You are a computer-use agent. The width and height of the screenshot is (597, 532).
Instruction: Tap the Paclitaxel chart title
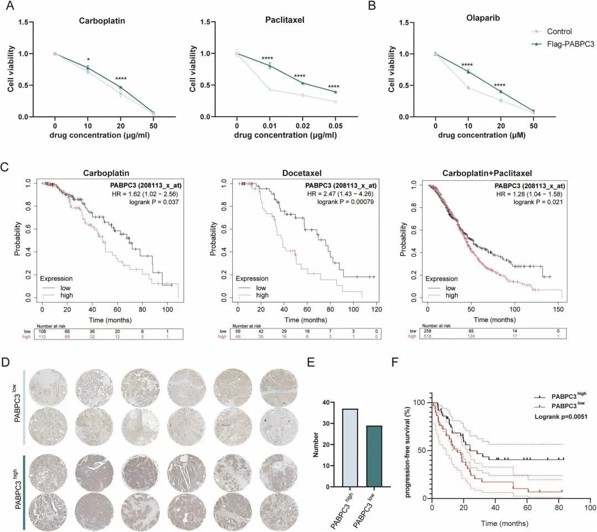point(284,19)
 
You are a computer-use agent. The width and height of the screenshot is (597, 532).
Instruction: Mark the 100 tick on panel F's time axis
point(590,507)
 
